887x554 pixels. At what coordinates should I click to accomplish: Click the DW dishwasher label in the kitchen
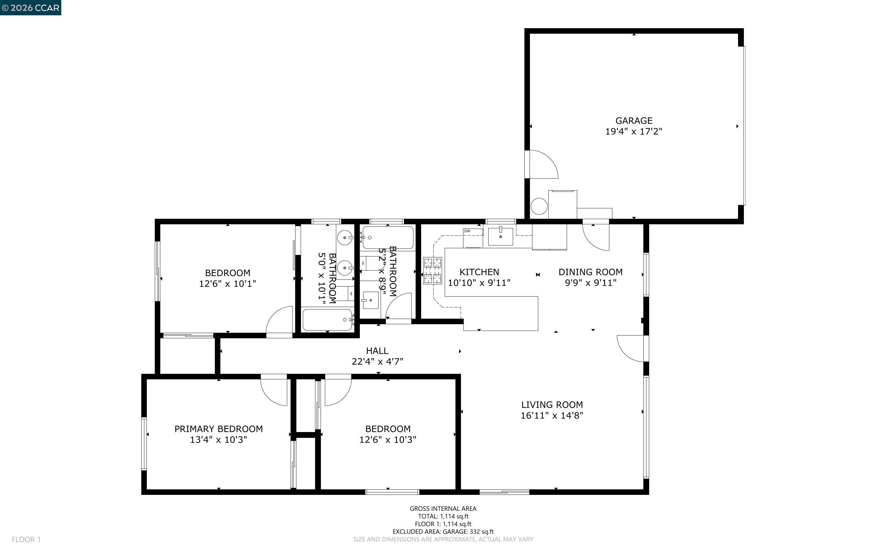pos(467,231)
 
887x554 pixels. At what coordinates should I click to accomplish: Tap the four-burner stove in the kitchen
pos(432,270)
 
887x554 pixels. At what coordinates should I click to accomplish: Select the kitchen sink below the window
pos(500,236)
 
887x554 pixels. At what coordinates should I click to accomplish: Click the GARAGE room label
pos(634,120)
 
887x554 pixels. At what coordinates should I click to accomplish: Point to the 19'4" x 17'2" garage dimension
pos(634,131)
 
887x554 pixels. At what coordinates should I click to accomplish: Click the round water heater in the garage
pos(539,206)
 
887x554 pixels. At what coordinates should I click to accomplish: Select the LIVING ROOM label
pos(552,404)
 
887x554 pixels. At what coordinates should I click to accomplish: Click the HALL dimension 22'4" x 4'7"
pos(377,361)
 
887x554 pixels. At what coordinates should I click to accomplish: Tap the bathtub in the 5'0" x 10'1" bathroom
pos(327,320)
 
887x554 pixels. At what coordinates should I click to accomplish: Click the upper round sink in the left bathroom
pos(345,238)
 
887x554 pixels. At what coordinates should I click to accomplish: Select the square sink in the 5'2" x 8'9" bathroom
pos(371,300)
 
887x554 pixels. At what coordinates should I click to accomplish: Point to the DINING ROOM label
pos(590,272)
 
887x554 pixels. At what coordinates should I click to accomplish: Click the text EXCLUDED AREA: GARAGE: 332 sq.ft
pos(443,531)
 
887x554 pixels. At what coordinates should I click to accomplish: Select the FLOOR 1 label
pos(26,539)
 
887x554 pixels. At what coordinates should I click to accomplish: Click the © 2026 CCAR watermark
pos(30,8)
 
